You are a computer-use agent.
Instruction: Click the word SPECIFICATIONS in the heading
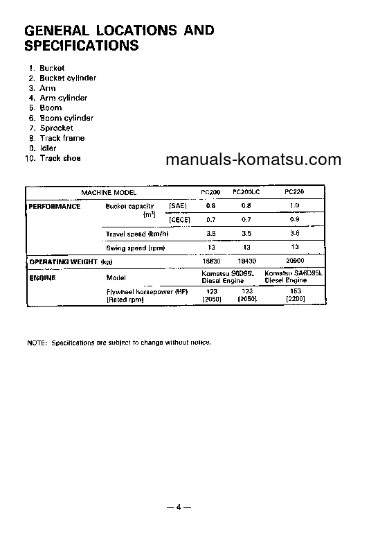point(81,46)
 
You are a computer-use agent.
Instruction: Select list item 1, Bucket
point(52,68)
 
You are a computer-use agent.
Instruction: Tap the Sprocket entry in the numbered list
point(56,128)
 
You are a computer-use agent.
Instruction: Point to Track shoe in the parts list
point(60,158)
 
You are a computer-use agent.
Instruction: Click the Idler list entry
point(48,148)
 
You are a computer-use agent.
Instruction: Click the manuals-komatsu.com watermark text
point(253,160)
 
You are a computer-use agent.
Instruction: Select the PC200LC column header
point(246,191)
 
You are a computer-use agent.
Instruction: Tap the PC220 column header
point(295,191)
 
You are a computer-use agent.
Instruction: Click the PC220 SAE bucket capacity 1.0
point(295,206)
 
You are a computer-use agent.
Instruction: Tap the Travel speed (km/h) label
point(136,234)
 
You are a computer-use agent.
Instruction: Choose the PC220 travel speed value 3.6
point(295,234)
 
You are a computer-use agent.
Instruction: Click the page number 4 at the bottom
point(178,507)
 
